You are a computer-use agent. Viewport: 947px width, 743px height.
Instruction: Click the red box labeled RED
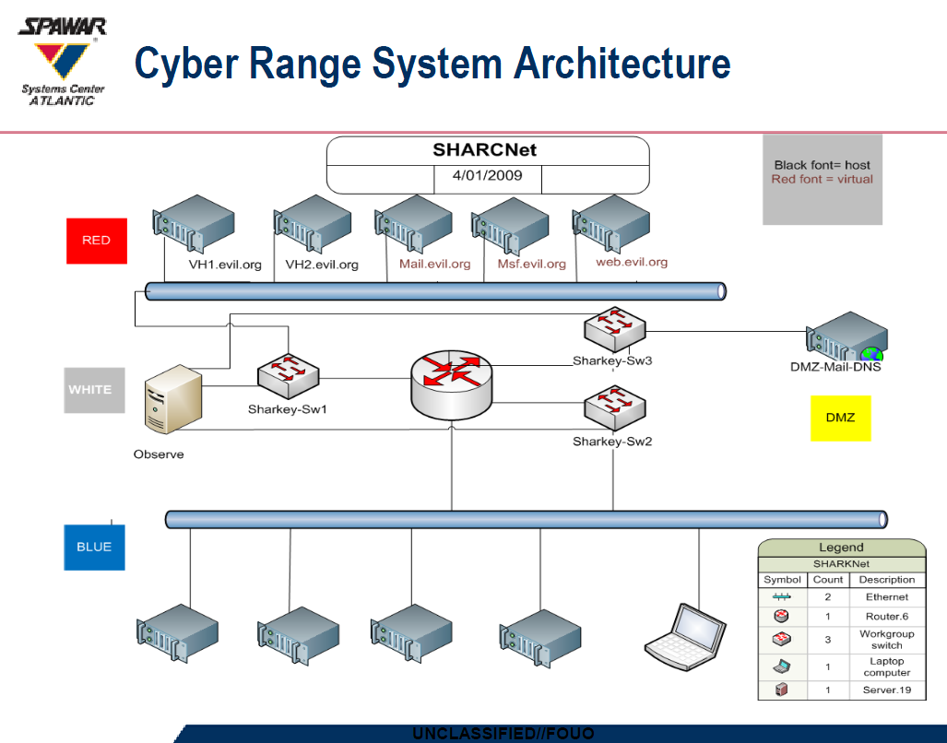click(x=97, y=240)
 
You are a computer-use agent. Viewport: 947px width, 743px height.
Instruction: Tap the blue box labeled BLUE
click(x=94, y=547)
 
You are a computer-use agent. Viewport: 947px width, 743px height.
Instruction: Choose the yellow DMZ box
click(x=840, y=418)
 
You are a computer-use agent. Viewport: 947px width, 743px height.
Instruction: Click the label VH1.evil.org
click(x=225, y=265)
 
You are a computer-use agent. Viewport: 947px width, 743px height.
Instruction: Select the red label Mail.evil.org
click(x=434, y=264)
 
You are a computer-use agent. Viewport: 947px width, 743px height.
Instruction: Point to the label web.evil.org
click(x=632, y=262)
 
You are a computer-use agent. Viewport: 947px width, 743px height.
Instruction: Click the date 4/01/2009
click(x=488, y=175)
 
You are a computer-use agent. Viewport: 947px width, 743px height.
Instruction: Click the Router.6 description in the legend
click(x=886, y=616)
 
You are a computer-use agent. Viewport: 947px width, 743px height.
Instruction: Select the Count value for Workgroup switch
click(x=827, y=639)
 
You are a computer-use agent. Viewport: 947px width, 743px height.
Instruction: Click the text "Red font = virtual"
click(x=822, y=179)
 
